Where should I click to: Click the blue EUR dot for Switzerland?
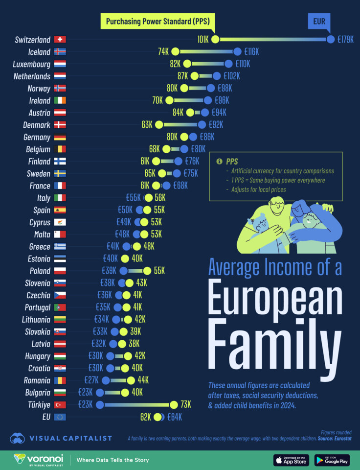[331, 40]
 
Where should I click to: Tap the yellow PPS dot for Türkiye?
[174, 404]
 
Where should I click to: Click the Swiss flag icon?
[60, 40]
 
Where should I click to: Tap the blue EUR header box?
[319, 22]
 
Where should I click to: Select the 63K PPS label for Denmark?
[147, 125]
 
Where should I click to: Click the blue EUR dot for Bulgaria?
[100, 392]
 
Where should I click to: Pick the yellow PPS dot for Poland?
[147, 271]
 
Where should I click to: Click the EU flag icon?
[60, 417]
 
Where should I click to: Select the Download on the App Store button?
[291, 460]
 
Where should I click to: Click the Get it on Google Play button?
[332, 460]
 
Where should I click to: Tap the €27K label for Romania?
[91, 380]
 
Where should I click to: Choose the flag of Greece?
[60, 247]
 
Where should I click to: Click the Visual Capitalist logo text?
[71, 439]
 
